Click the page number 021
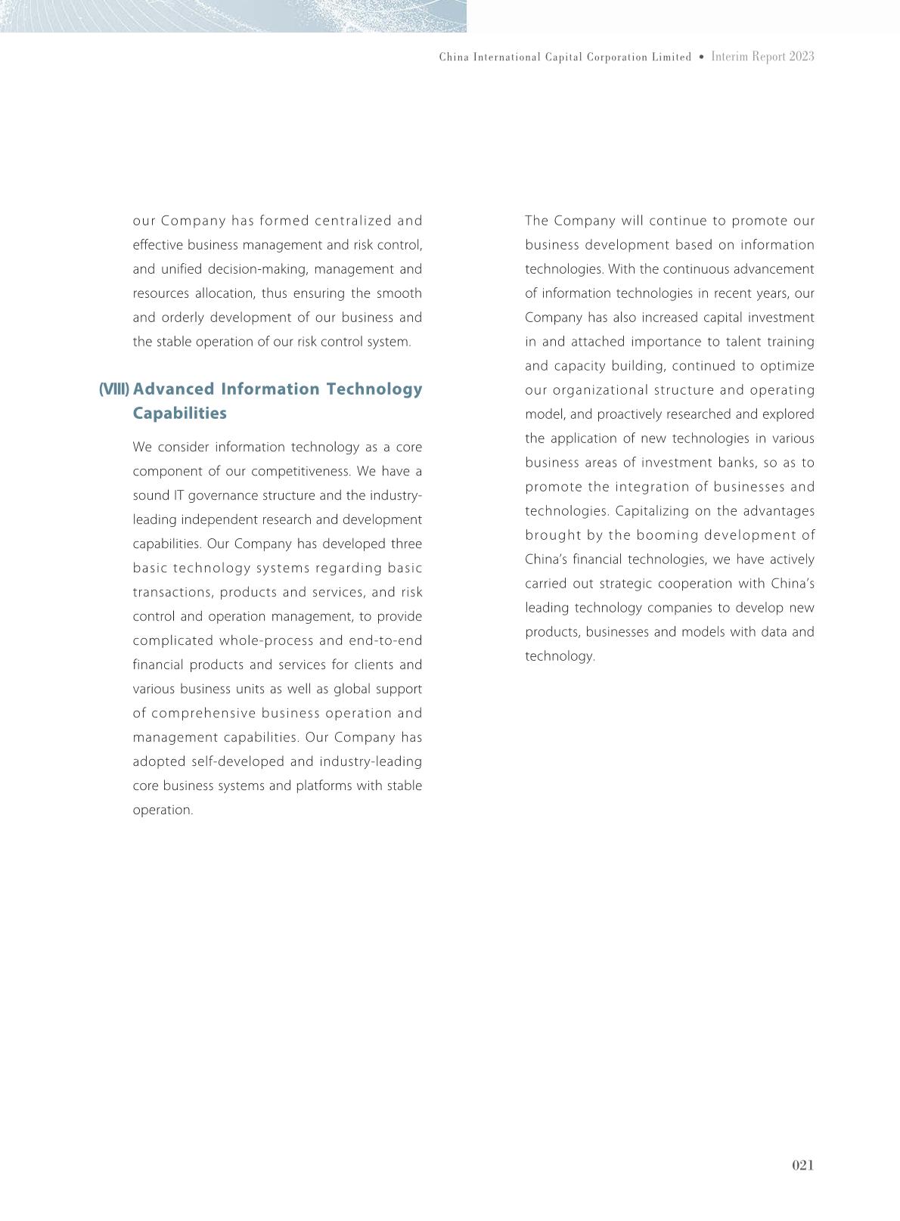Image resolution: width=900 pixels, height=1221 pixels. tap(802, 1165)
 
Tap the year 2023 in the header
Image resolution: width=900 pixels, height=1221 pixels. tap(801, 57)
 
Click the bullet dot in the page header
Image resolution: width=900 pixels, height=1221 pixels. tap(701, 57)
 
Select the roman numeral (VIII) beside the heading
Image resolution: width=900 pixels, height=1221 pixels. tap(114, 389)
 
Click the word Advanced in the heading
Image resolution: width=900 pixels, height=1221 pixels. tap(173, 389)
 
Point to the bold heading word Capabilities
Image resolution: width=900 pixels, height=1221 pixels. tap(179, 414)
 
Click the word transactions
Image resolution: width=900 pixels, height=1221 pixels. tap(172, 592)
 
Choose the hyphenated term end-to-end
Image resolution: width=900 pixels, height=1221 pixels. tap(386, 640)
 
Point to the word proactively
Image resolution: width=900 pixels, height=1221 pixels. tap(629, 414)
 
